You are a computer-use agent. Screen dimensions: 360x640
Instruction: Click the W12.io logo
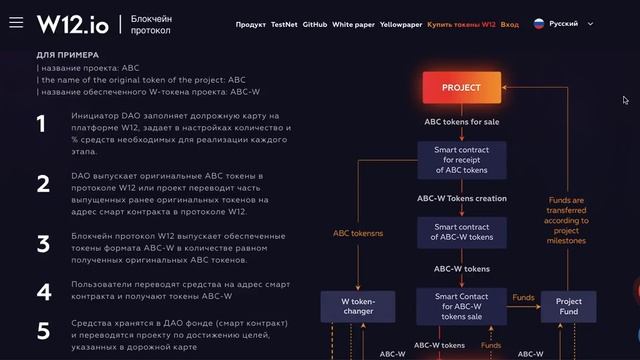[73, 23]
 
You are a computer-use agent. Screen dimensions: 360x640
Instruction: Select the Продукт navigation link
[252, 23]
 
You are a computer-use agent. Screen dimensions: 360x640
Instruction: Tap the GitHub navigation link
[314, 23]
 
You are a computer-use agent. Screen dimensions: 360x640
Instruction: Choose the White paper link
[353, 23]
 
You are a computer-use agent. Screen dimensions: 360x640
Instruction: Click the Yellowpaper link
[400, 23]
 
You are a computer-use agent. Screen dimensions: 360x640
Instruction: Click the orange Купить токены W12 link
[461, 23]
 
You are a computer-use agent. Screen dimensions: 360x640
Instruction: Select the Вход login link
[510, 23]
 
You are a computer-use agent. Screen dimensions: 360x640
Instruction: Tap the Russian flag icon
[539, 23]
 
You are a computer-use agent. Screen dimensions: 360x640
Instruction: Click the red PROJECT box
[461, 88]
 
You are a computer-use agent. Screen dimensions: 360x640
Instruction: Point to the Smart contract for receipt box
[461, 160]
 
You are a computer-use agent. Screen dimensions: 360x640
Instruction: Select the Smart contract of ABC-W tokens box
[461, 231]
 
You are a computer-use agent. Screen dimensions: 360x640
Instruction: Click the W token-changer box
[358, 305]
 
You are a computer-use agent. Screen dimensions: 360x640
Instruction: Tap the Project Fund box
[568, 305]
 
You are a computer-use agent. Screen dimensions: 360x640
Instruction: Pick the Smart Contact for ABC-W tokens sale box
[461, 305]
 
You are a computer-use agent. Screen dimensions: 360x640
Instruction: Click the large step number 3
[42, 244]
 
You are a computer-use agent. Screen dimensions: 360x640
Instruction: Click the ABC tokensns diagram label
[358, 233]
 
